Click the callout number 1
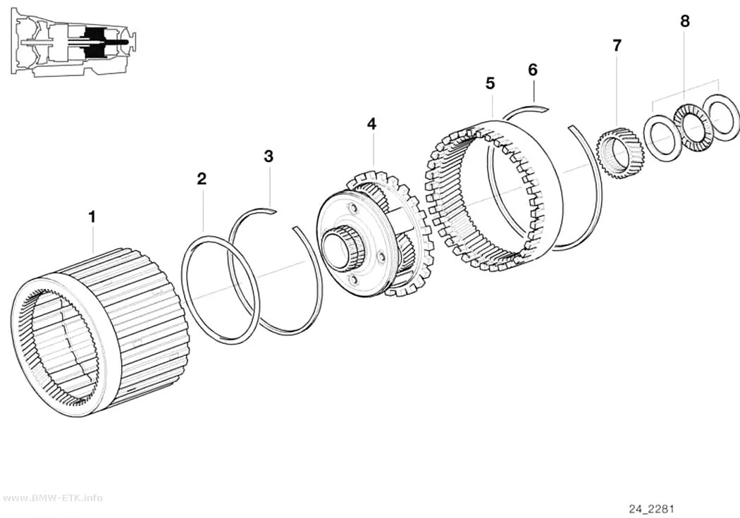(x=92, y=217)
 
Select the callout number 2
(x=202, y=179)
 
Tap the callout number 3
(x=269, y=156)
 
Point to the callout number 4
(x=372, y=124)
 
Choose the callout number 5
(x=491, y=83)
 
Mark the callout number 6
(x=533, y=70)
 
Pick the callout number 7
(x=617, y=46)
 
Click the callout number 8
(x=685, y=21)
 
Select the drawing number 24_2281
(x=651, y=509)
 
